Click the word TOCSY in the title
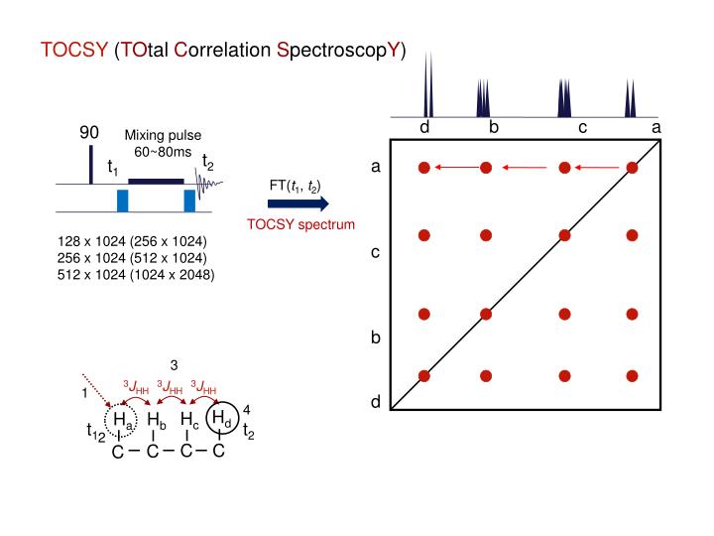[x=73, y=51]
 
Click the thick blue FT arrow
[x=298, y=204]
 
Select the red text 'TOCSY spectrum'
[x=300, y=225]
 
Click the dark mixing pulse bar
[x=156, y=181]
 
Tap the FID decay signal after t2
[x=209, y=183]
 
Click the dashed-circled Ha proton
[x=117, y=421]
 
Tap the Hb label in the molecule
[x=154, y=421]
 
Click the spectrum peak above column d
[x=425, y=89]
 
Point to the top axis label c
[x=583, y=127]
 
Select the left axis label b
[x=376, y=337]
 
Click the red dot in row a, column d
[x=424, y=168]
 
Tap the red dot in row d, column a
[x=632, y=376]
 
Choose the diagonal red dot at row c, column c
[x=564, y=235]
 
